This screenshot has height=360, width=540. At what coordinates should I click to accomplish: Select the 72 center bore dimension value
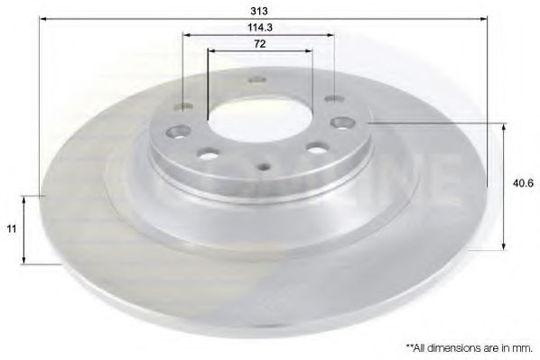tap(259, 43)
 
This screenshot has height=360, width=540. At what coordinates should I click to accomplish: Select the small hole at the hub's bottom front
tap(264, 166)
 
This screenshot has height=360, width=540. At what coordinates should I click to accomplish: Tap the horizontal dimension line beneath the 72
tap(259, 51)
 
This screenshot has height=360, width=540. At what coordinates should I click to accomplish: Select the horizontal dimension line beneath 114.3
tap(259, 36)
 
